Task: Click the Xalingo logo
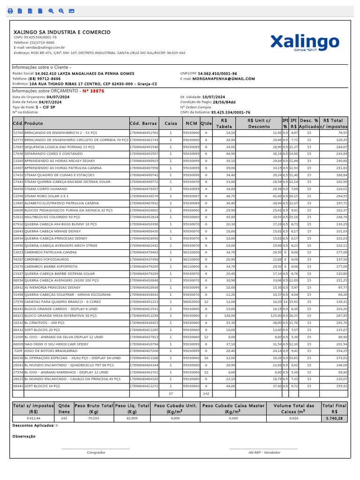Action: pos(304,42)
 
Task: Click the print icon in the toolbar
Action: pos(10,11)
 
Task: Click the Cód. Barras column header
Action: pos(143,123)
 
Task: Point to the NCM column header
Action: pos(191,123)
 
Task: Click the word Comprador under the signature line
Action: pos(96,452)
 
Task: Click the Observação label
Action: pos(24,436)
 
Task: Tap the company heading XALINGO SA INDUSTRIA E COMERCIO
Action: pos(62,32)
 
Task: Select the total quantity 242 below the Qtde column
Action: pos(206,394)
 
